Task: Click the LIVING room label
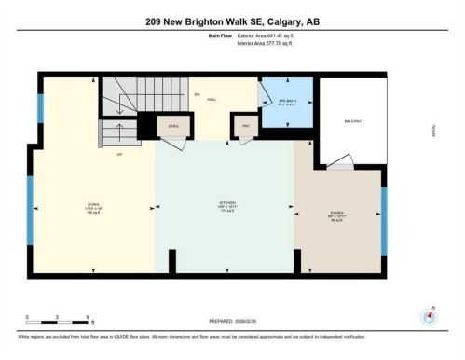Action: click(x=93, y=207)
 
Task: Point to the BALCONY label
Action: click(x=351, y=121)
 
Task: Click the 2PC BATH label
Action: click(x=286, y=101)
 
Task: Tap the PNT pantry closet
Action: click(x=246, y=126)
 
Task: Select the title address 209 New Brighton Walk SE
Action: click(x=232, y=22)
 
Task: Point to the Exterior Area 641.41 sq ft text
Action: click(x=269, y=36)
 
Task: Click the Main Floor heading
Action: click(x=220, y=36)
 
